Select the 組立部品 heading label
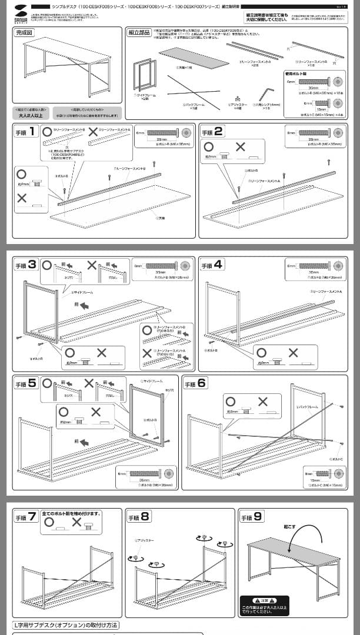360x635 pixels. click(139, 32)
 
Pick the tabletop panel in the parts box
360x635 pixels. click(194, 58)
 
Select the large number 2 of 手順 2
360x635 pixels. click(219, 131)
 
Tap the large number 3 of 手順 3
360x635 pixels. click(34, 265)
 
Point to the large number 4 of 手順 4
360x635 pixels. click(219, 265)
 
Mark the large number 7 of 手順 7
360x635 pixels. click(33, 517)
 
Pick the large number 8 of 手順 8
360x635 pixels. click(145, 517)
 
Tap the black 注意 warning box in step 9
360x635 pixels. click(264, 606)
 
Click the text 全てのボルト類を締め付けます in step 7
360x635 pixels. click(72, 513)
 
